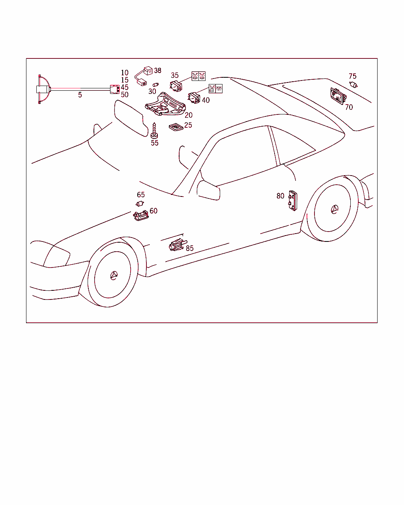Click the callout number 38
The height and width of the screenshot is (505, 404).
157,70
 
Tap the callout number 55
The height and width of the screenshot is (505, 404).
155,143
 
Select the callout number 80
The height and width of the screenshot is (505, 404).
280,196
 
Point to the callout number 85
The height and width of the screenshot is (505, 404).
190,248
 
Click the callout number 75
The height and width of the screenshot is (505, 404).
353,76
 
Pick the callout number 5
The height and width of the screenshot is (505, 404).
80,95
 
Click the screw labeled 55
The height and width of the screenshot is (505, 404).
154,131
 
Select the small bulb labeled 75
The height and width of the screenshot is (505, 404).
353,84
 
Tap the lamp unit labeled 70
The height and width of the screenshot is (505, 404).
338,96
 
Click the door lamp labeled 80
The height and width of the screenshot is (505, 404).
293,200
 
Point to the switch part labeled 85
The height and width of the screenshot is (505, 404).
178,245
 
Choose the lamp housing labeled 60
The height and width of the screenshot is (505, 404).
141,215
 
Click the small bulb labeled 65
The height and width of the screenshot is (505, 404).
140,204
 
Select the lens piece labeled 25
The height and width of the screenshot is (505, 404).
176,127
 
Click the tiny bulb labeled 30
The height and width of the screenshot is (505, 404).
155,84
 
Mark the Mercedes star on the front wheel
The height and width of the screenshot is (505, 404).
114,275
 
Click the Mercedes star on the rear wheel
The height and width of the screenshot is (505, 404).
335,209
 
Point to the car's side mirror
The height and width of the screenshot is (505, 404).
208,190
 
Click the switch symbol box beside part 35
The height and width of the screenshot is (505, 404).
198,76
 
